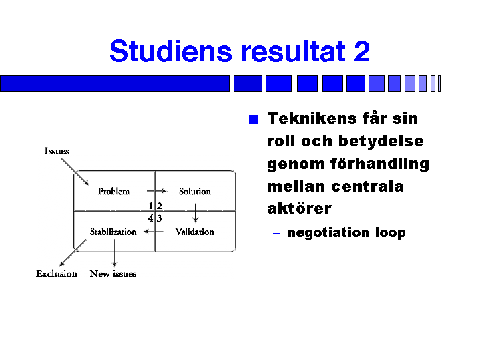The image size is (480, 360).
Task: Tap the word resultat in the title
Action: (291, 51)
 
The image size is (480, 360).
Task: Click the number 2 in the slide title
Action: (361, 51)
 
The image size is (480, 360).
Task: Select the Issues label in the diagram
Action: (57, 151)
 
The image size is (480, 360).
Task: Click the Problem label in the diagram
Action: (113, 192)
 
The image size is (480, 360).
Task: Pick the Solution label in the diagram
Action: (195, 192)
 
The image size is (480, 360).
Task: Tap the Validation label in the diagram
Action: (194, 232)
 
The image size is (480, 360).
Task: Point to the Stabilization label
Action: (113, 232)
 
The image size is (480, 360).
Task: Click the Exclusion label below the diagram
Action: (57, 273)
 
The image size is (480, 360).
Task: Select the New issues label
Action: (113, 273)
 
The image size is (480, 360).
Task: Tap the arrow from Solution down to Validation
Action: (195, 213)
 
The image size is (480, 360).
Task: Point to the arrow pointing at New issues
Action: (115, 254)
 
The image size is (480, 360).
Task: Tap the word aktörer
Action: (299, 208)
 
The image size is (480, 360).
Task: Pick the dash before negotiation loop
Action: (276, 234)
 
